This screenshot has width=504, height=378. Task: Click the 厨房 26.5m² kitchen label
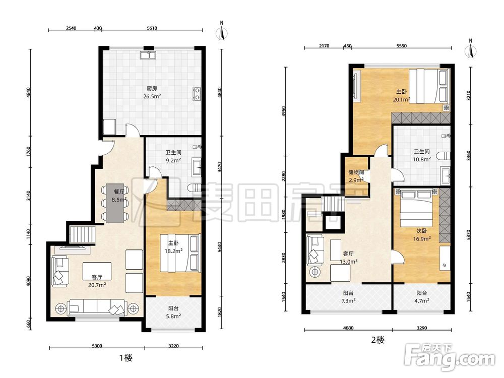(152, 92)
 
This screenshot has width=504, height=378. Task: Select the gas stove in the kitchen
(197, 93)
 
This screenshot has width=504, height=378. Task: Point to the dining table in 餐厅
(115, 203)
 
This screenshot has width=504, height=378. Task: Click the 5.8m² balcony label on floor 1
(173, 312)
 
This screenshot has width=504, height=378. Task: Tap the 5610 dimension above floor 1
(152, 28)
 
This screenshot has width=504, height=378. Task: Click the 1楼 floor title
(125, 358)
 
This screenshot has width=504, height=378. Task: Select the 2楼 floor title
(377, 340)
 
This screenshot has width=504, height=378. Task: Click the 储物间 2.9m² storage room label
(356, 176)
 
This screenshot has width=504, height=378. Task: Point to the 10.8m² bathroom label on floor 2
(422, 155)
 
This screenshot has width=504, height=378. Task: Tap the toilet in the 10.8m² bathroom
(445, 156)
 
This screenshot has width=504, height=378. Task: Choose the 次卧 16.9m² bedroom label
(422, 235)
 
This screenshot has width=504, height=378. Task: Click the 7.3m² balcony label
(348, 297)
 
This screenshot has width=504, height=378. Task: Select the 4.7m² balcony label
(422, 297)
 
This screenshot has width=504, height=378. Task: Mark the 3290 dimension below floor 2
(422, 328)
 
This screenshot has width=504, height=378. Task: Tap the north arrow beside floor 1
(222, 31)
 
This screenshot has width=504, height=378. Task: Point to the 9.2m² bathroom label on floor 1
(173, 157)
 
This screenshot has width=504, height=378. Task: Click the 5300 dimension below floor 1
(97, 346)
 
